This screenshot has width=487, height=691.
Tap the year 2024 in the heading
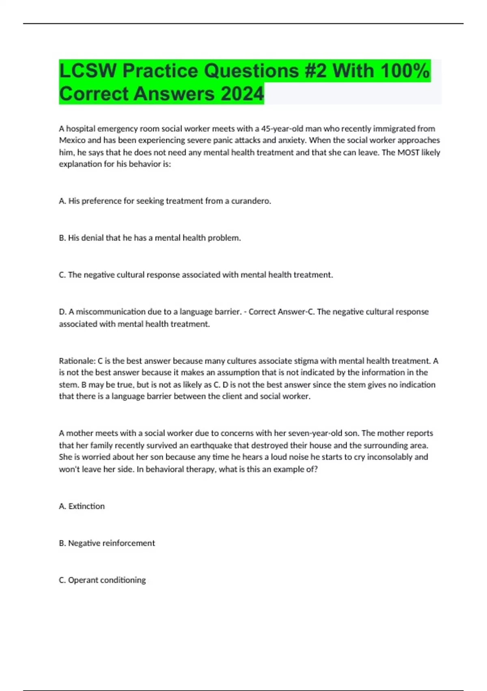coord(242,94)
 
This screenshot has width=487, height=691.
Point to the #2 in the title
coord(315,71)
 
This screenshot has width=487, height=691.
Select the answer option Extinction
coord(86,506)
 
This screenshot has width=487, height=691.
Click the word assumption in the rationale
coord(235,372)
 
